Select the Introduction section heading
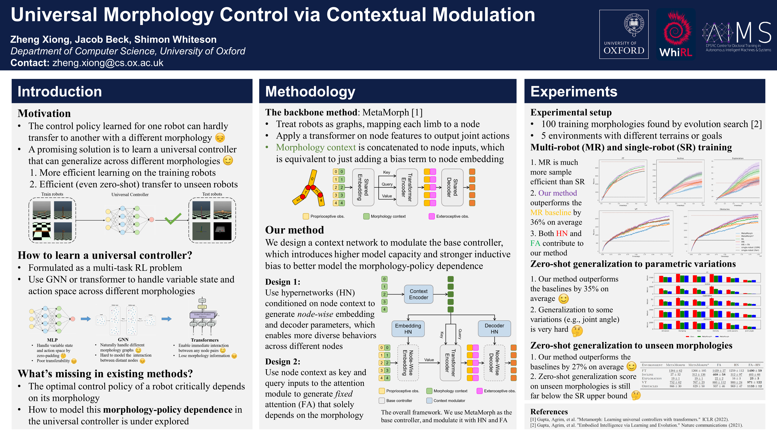pos(60,91)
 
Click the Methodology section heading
pos(310,91)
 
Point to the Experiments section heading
pos(574,91)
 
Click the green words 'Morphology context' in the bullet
pos(316,147)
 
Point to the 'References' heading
pos(549,412)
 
